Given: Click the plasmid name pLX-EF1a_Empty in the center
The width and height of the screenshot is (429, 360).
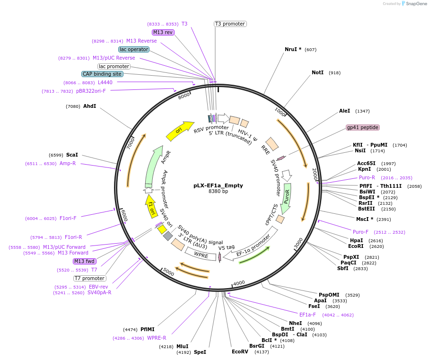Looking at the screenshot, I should click(218, 185).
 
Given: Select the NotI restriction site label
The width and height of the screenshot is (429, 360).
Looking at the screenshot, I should click(317, 73).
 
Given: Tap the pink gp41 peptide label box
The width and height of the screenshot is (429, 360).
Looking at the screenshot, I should click(363, 127).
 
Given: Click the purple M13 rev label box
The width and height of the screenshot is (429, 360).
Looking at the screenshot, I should click(163, 32).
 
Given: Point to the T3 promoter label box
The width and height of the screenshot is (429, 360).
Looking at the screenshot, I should click(230, 24).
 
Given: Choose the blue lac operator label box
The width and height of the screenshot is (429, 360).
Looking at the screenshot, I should click(134, 49).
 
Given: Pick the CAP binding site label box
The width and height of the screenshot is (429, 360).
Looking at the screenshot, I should click(102, 74).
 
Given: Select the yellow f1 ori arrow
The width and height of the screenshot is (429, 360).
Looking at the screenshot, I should click(151, 205).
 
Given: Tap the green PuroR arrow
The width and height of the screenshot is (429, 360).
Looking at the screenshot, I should click(286, 199).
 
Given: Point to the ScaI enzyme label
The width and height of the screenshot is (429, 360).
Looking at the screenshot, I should click(72, 155).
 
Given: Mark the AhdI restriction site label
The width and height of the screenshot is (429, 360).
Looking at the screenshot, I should click(89, 106).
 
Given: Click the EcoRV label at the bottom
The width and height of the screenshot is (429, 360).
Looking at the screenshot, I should click(240, 351).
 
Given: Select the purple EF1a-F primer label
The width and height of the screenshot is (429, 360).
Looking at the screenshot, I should click(307, 315).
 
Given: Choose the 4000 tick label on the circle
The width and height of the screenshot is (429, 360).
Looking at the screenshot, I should click(239, 283).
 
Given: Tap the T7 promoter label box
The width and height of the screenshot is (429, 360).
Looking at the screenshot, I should click(89, 278).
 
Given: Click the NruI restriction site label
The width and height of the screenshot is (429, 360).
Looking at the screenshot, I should click(293, 49).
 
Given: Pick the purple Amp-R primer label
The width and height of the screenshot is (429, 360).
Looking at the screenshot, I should click(68, 164).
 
